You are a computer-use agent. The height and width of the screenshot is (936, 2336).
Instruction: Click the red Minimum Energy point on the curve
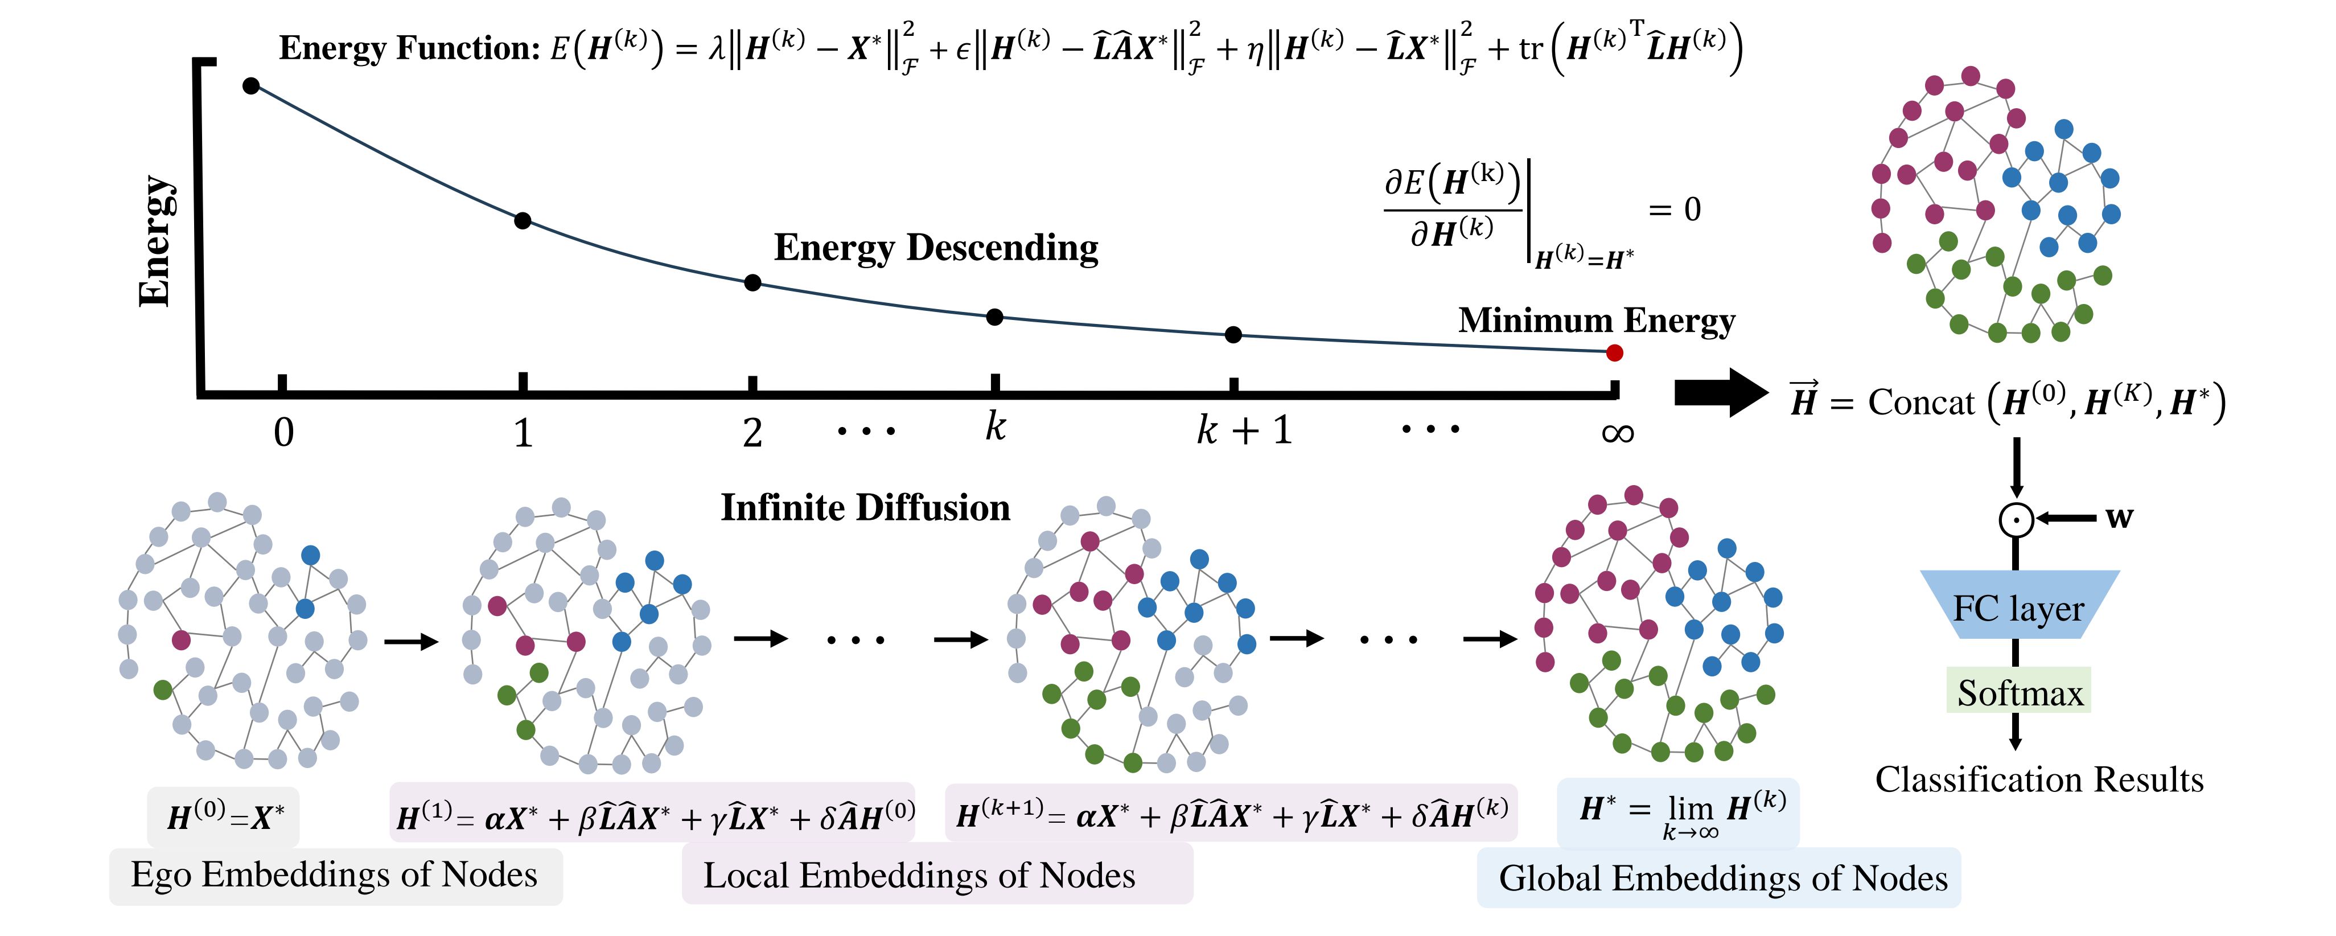[x=1614, y=353]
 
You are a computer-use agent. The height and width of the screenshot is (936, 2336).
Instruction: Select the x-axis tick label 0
[x=284, y=433]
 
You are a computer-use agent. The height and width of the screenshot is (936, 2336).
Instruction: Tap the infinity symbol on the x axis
[x=1617, y=433]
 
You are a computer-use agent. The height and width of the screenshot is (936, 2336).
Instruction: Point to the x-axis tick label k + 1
[x=1244, y=430]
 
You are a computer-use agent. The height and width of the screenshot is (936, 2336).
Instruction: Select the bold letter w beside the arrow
[x=2119, y=517]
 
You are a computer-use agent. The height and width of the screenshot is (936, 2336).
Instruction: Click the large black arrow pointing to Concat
[x=1720, y=393]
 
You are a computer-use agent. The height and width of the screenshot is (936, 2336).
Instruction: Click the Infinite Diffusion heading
[x=865, y=508]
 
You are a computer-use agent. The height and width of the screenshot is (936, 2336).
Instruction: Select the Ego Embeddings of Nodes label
[x=335, y=875]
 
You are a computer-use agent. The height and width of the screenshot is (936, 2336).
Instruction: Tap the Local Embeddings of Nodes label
[x=919, y=875]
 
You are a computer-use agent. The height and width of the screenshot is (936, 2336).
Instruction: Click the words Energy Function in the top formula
[x=409, y=48]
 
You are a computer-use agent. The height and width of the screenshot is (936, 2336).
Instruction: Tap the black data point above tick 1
[x=523, y=220]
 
